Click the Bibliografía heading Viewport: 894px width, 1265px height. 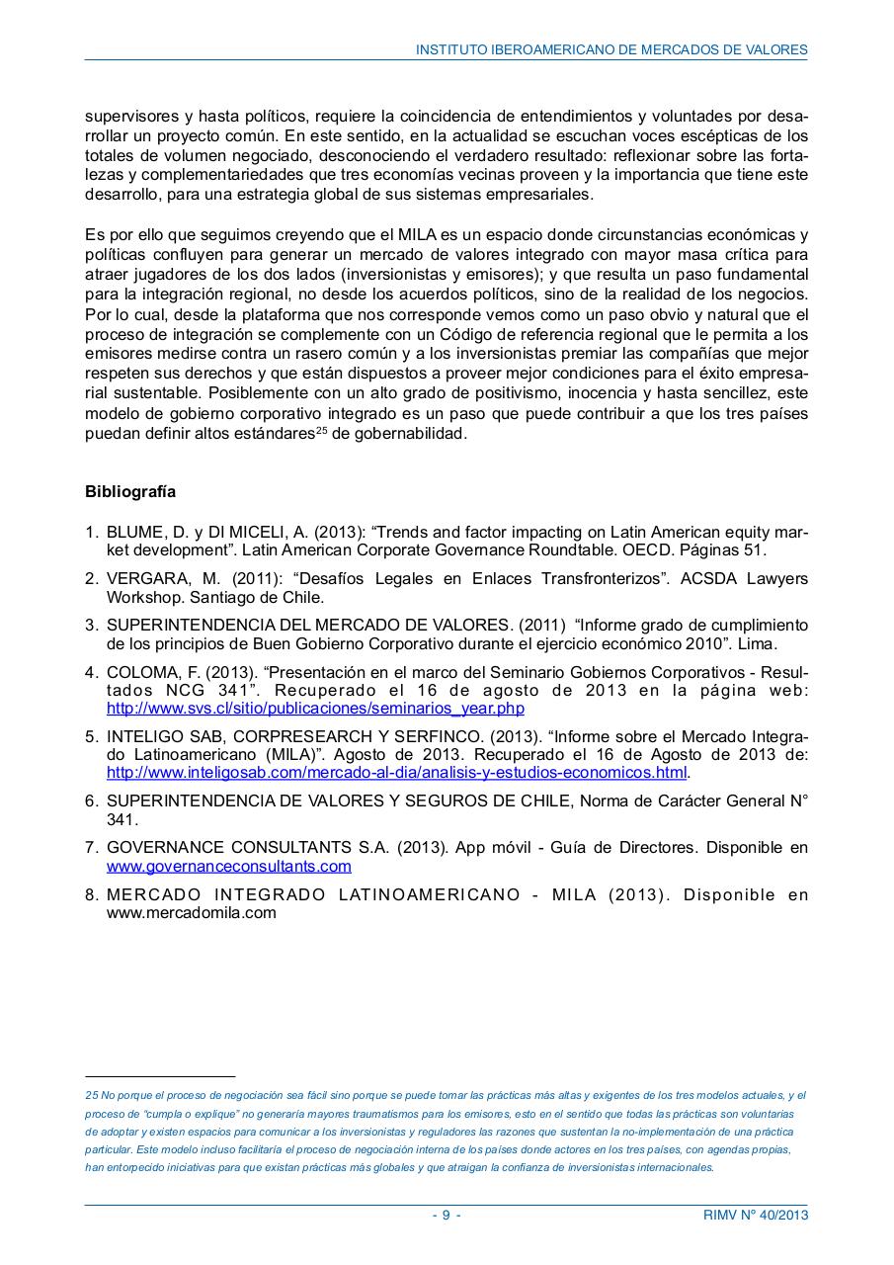(x=130, y=491)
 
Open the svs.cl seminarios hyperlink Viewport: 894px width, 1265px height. (x=315, y=709)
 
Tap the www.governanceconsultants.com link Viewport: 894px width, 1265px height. (x=229, y=867)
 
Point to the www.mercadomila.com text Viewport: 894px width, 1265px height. (x=192, y=913)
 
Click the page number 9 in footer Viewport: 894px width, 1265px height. (x=446, y=1216)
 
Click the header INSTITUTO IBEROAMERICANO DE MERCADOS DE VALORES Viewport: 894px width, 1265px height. (x=611, y=49)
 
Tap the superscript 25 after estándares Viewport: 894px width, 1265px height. (x=321, y=431)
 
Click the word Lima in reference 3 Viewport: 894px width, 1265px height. (x=762, y=644)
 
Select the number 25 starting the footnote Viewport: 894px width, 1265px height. (x=92, y=1096)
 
